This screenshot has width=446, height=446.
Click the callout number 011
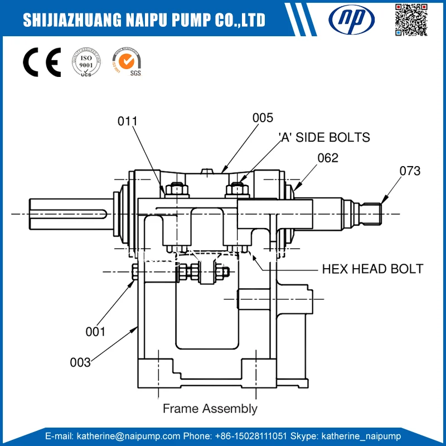pyautogui.click(x=128, y=121)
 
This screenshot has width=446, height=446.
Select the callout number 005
pyautogui.click(x=263, y=118)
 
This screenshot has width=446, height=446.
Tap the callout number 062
pyautogui.click(x=328, y=158)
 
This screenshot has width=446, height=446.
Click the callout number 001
pyautogui.click(x=95, y=332)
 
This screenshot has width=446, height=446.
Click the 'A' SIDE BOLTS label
pyautogui.click(x=324, y=137)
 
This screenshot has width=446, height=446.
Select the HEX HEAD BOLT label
pyautogui.click(x=372, y=269)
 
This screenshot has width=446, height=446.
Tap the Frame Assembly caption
pyautogui.click(x=210, y=409)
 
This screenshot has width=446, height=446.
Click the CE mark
pyautogui.click(x=41, y=63)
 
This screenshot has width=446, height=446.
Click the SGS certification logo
pyautogui.click(x=127, y=62)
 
